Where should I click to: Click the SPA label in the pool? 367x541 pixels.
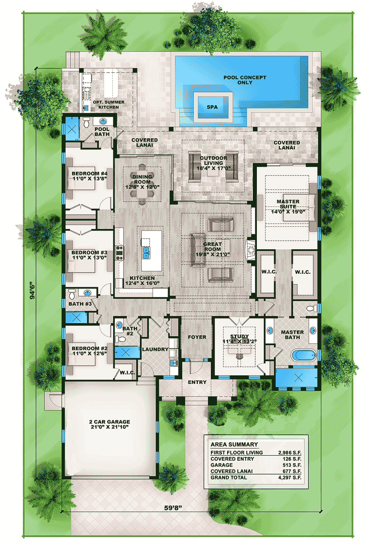[x=212, y=107]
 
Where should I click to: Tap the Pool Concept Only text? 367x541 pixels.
[x=245, y=80]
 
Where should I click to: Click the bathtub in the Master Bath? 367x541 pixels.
[x=304, y=355]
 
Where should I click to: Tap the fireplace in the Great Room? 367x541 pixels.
[x=250, y=249]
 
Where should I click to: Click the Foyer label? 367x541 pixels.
[x=197, y=337]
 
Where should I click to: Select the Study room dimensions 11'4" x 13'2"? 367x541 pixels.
[x=239, y=341]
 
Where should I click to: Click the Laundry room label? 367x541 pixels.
[x=155, y=349]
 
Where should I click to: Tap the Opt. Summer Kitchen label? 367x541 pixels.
[x=108, y=104]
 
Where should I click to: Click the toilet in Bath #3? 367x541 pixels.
[x=72, y=294]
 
